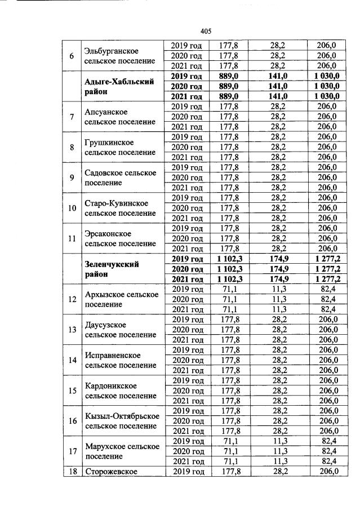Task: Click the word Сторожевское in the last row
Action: (x=111, y=472)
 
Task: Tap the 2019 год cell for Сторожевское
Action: (x=187, y=472)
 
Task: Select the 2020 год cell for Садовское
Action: (x=187, y=178)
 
